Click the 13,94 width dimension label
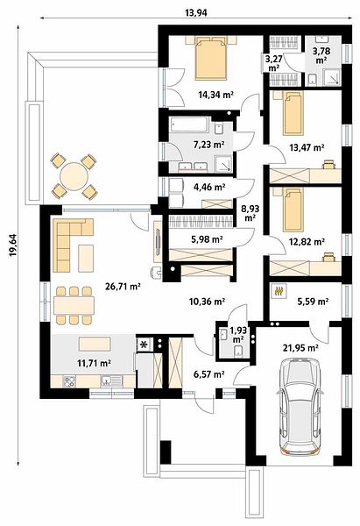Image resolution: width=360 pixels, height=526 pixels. click(x=196, y=13)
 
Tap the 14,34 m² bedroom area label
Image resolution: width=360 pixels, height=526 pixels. click(x=215, y=95)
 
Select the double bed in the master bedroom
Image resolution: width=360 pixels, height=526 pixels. click(x=211, y=58)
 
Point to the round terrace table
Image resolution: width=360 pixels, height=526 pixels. click(x=75, y=176)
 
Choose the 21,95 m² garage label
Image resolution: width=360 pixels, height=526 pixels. click(x=300, y=348)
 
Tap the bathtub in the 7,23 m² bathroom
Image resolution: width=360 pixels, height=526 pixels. click(x=189, y=124)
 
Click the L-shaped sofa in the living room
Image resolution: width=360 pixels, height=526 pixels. click(x=73, y=245)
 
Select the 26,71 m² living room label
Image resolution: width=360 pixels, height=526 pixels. click(x=123, y=287)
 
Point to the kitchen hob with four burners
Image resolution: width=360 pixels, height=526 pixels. click(x=69, y=381)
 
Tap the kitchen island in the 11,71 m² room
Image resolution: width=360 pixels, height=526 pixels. click(x=95, y=345)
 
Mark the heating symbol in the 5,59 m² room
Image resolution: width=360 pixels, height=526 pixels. click(x=279, y=291)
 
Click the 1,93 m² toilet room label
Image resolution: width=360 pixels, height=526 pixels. click(x=238, y=335)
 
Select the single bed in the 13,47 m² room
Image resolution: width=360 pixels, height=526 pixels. click(x=293, y=113)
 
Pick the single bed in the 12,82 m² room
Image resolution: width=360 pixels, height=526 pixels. click(x=293, y=210)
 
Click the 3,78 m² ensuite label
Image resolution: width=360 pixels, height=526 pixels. click(x=321, y=56)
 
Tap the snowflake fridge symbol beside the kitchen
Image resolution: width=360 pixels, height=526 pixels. click(x=145, y=345)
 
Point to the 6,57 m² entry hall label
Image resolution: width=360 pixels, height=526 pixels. click(x=209, y=374)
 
